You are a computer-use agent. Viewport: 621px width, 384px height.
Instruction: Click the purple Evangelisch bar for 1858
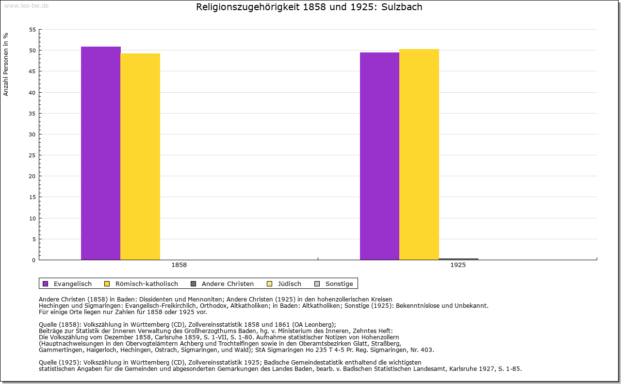point(100,153)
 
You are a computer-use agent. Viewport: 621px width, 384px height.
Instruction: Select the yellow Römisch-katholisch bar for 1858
point(140,156)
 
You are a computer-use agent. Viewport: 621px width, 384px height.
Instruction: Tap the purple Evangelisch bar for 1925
point(379,156)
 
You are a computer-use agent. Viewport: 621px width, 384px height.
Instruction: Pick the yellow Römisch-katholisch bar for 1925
point(419,154)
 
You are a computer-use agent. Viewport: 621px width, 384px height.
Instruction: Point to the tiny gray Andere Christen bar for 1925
point(458,259)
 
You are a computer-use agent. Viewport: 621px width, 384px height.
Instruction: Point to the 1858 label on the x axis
point(179,265)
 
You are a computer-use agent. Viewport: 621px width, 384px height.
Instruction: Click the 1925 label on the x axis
point(458,265)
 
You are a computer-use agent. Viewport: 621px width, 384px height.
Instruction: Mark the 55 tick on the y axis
point(33,30)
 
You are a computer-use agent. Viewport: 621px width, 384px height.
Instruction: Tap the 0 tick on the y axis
point(34,260)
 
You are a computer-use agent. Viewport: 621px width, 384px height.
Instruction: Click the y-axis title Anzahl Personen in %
point(6,64)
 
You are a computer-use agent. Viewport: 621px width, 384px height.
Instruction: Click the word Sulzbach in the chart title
point(401,7)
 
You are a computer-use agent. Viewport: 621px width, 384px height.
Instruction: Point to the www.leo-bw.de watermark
point(26,5)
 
